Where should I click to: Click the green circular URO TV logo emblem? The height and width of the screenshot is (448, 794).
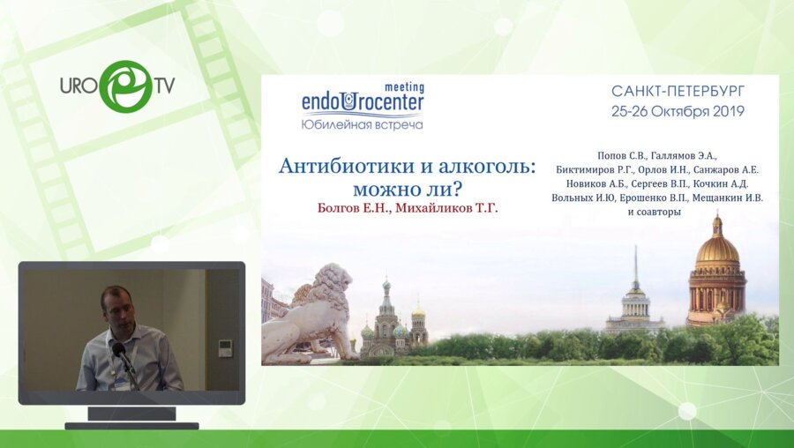pyautogui.click(x=125, y=86)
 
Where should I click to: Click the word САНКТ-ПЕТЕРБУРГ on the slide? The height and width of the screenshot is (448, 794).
pyautogui.click(x=678, y=92)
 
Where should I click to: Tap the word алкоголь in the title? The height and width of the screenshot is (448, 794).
pyautogui.click(x=487, y=166)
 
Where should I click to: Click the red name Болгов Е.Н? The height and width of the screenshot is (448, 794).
pyautogui.click(x=354, y=208)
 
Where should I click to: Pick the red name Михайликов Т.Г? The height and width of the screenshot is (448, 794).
pyautogui.click(x=446, y=208)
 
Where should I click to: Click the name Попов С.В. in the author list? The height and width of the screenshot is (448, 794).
pyautogui.click(x=621, y=155)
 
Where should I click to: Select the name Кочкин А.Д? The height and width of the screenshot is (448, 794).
pyautogui.click(x=721, y=183)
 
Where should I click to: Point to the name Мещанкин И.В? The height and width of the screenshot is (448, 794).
pyautogui.click(x=728, y=198)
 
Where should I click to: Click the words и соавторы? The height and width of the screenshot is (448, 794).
pyautogui.click(x=655, y=213)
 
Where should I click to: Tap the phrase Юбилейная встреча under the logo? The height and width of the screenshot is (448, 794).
pyautogui.click(x=362, y=124)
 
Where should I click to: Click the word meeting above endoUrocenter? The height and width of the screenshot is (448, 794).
pyautogui.click(x=405, y=87)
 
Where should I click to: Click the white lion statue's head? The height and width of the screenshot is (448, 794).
pyautogui.click(x=333, y=280)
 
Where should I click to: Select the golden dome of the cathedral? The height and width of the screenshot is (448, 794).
pyautogui.click(x=717, y=249)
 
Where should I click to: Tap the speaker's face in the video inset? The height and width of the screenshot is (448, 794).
pyautogui.click(x=118, y=309)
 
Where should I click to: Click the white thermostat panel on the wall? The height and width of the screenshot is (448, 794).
pyautogui.click(x=225, y=348)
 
